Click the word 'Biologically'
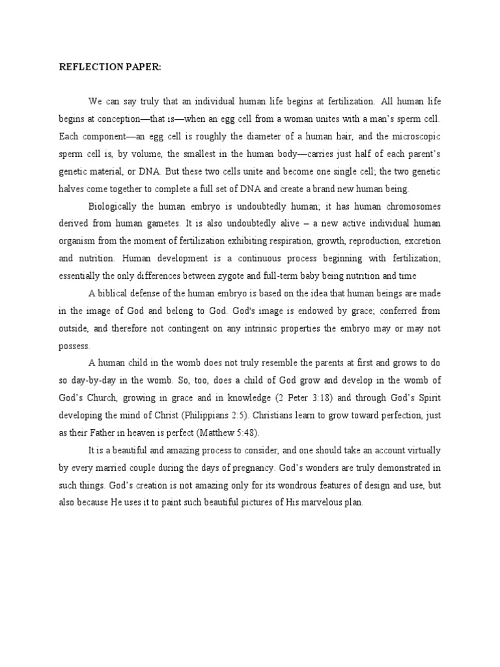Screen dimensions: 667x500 [113, 206]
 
